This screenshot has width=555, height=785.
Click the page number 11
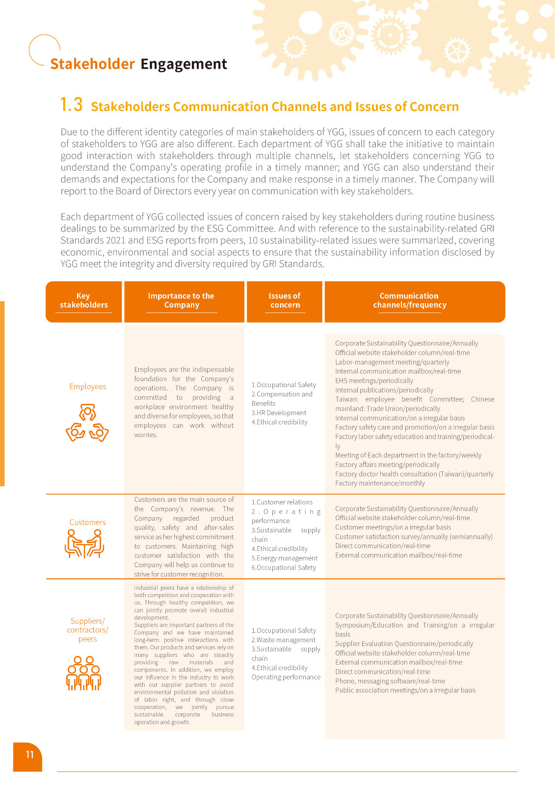(x=29, y=755)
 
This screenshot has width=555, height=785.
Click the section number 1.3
(x=71, y=105)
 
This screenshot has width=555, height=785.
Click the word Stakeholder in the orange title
(x=92, y=64)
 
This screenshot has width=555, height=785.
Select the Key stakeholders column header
(x=84, y=301)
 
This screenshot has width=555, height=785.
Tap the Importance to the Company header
(x=181, y=301)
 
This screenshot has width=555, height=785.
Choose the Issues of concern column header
(x=285, y=301)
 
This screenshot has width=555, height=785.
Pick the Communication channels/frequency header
(x=410, y=301)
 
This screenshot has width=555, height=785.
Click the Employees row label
(x=87, y=387)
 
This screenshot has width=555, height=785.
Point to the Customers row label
(x=87, y=523)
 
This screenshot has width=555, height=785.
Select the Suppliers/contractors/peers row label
(x=87, y=630)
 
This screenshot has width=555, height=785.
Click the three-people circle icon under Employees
(x=87, y=423)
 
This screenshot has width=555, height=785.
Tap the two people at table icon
(x=85, y=544)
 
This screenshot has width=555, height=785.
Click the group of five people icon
(x=84, y=673)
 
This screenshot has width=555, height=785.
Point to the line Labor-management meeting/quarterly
(x=392, y=362)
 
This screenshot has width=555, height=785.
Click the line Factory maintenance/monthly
(x=380, y=483)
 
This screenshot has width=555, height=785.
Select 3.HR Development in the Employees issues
(x=279, y=413)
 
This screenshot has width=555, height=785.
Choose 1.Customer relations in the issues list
(x=282, y=502)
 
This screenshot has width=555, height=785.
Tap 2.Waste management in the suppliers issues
(x=284, y=640)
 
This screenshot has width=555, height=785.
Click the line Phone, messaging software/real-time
(x=390, y=681)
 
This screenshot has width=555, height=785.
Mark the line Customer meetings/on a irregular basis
(x=393, y=527)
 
